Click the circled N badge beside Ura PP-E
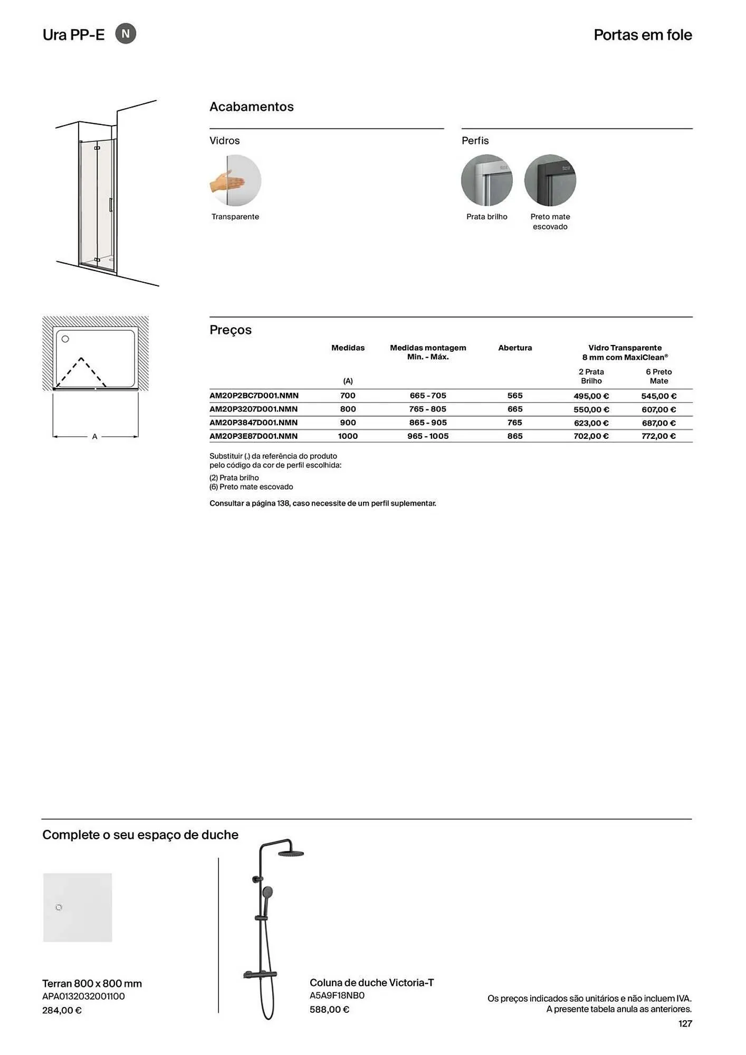click(126, 34)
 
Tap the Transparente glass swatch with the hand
click(235, 180)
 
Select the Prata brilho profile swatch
click(486, 180)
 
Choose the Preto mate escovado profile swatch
click(550, 180)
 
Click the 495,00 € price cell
click(591, 396)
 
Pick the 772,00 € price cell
click(658, 436)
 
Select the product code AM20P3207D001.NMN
click(254, 409)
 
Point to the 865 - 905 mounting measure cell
click(428, 423)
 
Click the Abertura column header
click(515, 348)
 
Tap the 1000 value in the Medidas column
click(348, 436)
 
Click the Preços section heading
click(231, 330)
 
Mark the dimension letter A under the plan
click(95, 437)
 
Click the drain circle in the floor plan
click(65, 339)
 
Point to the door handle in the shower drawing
click(110, 205)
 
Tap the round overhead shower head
click(291, 854)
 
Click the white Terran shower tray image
click(78, 907)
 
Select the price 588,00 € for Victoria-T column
click(329, 1010)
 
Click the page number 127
click(685, 1024)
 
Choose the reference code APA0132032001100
click(83, 996)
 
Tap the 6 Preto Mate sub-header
click(658, 377)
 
